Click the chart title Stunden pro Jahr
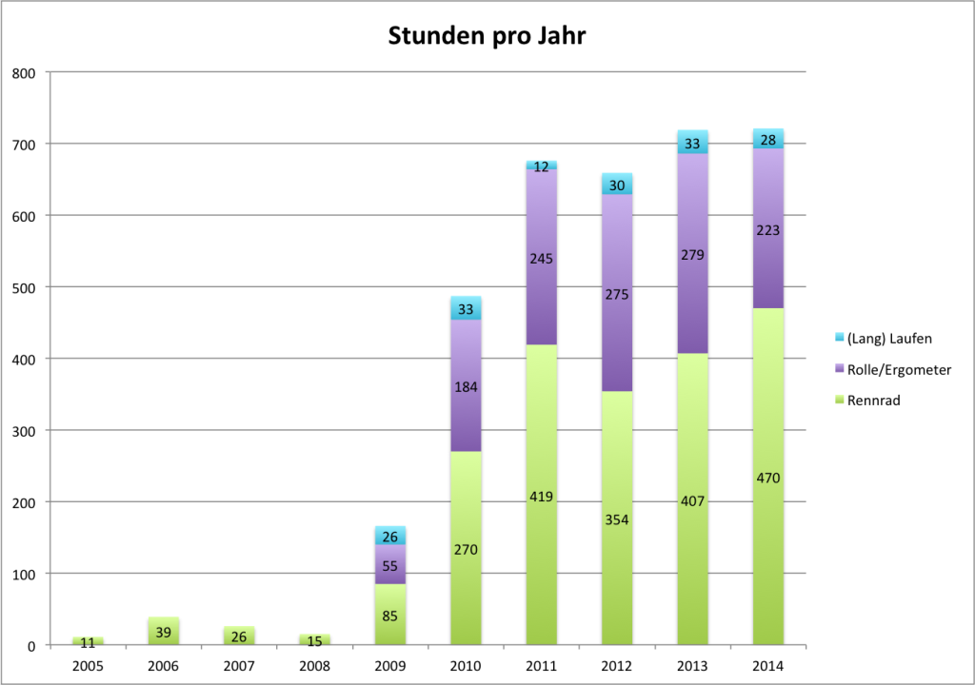[x=487, y=37]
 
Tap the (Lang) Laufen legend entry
[x=883, y=337]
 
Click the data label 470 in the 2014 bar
[x=767, y=478]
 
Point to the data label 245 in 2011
[x=541, y=258]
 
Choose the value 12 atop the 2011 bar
[x=541, y=166]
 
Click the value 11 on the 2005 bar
[x=88, y=643]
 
